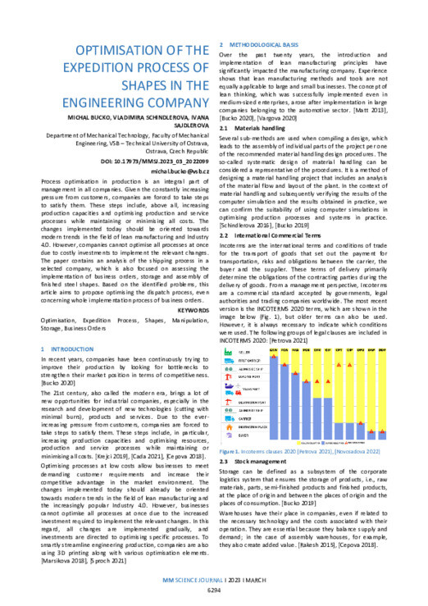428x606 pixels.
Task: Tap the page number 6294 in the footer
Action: coord(214,590)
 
